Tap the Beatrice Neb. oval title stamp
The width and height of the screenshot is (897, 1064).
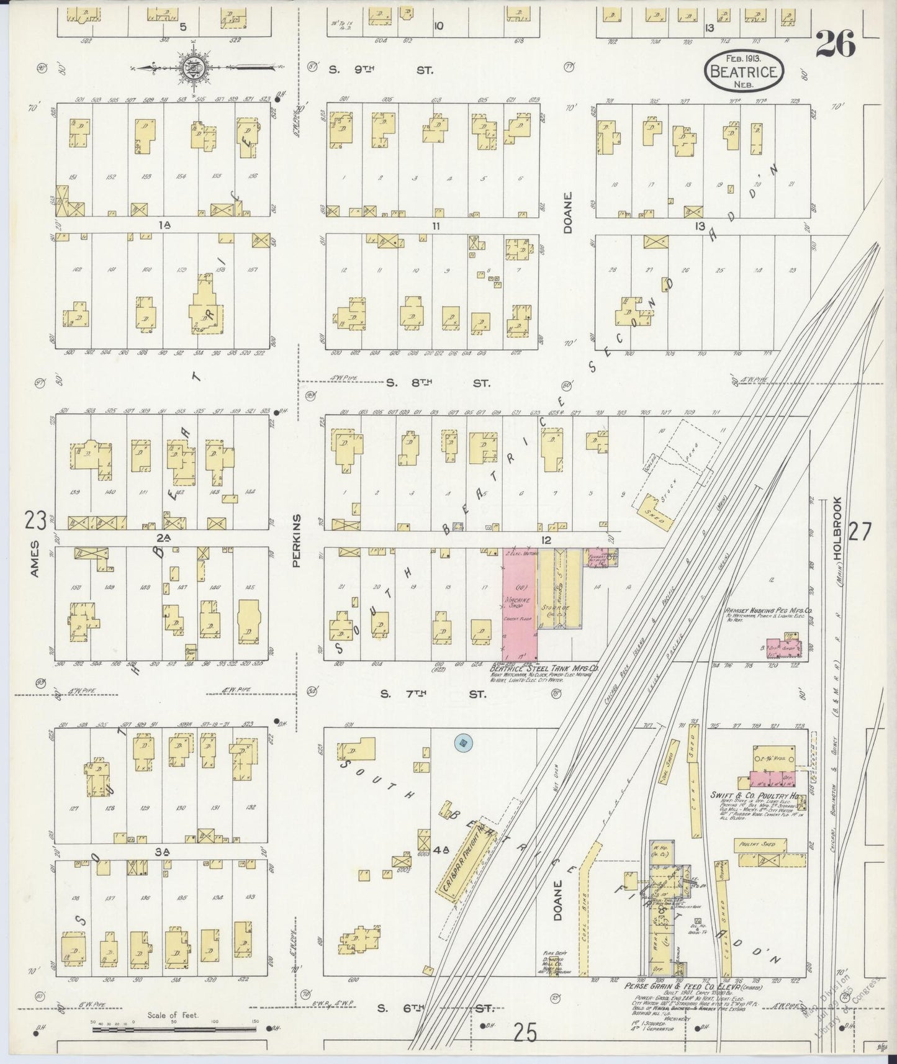point(744,72)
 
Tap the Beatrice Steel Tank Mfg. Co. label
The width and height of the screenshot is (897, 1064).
point(543,669)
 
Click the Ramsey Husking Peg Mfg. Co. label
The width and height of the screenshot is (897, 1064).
point(769,611)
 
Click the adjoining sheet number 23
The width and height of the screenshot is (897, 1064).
point(35,520)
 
